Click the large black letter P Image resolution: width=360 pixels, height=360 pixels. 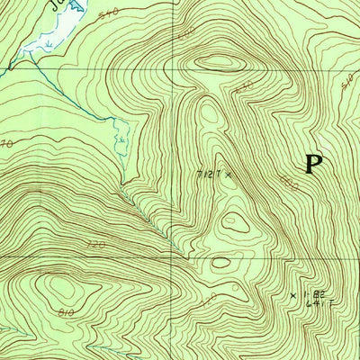[312, 163]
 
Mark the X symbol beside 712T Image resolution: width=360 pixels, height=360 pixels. [229, 174]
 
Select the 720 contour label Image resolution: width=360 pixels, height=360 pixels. [98, 244]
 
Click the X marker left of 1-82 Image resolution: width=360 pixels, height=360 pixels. [292, 294]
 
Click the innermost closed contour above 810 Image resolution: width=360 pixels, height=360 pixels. [63, 286]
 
